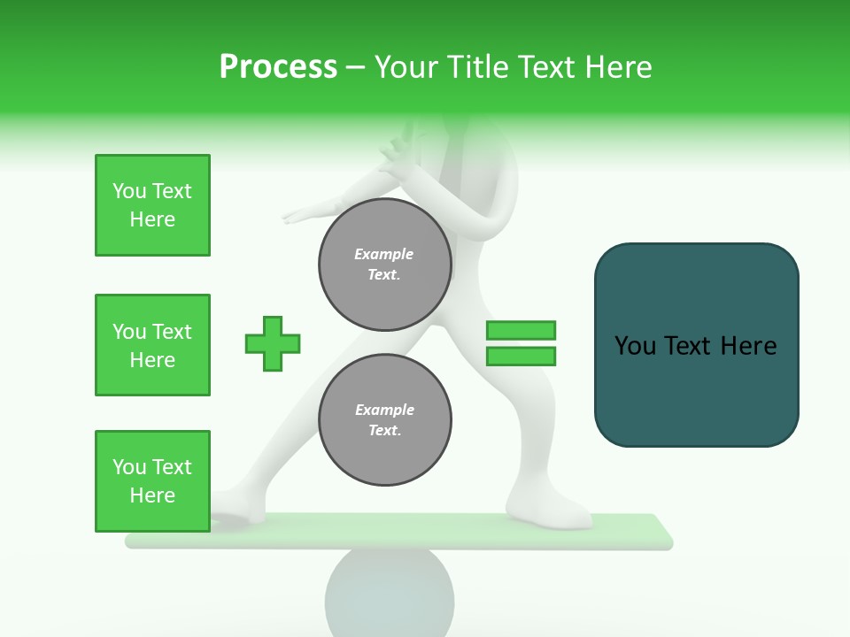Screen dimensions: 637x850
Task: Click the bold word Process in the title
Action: (x=278, y=67)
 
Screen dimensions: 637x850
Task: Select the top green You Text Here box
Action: (x=152, y=205)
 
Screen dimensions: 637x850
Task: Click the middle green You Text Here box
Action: (x=152, y=345)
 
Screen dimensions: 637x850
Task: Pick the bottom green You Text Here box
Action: (x=152, y=481)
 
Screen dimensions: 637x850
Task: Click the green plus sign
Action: (x=273, y=343)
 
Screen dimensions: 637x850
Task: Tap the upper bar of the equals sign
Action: (x=521, y=330)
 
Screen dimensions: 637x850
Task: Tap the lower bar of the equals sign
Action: (x=521, y=357)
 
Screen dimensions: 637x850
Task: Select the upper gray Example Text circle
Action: (x=384, y=265)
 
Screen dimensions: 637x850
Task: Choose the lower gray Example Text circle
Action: (x=384, y=420)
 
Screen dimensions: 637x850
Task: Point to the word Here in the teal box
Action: (x=748, y=346)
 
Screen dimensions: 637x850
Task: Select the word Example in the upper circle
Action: (x=384, y=255)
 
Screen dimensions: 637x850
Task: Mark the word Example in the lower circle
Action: (x=384, y=411)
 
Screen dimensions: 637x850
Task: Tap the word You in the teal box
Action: (x=635, y=346)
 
